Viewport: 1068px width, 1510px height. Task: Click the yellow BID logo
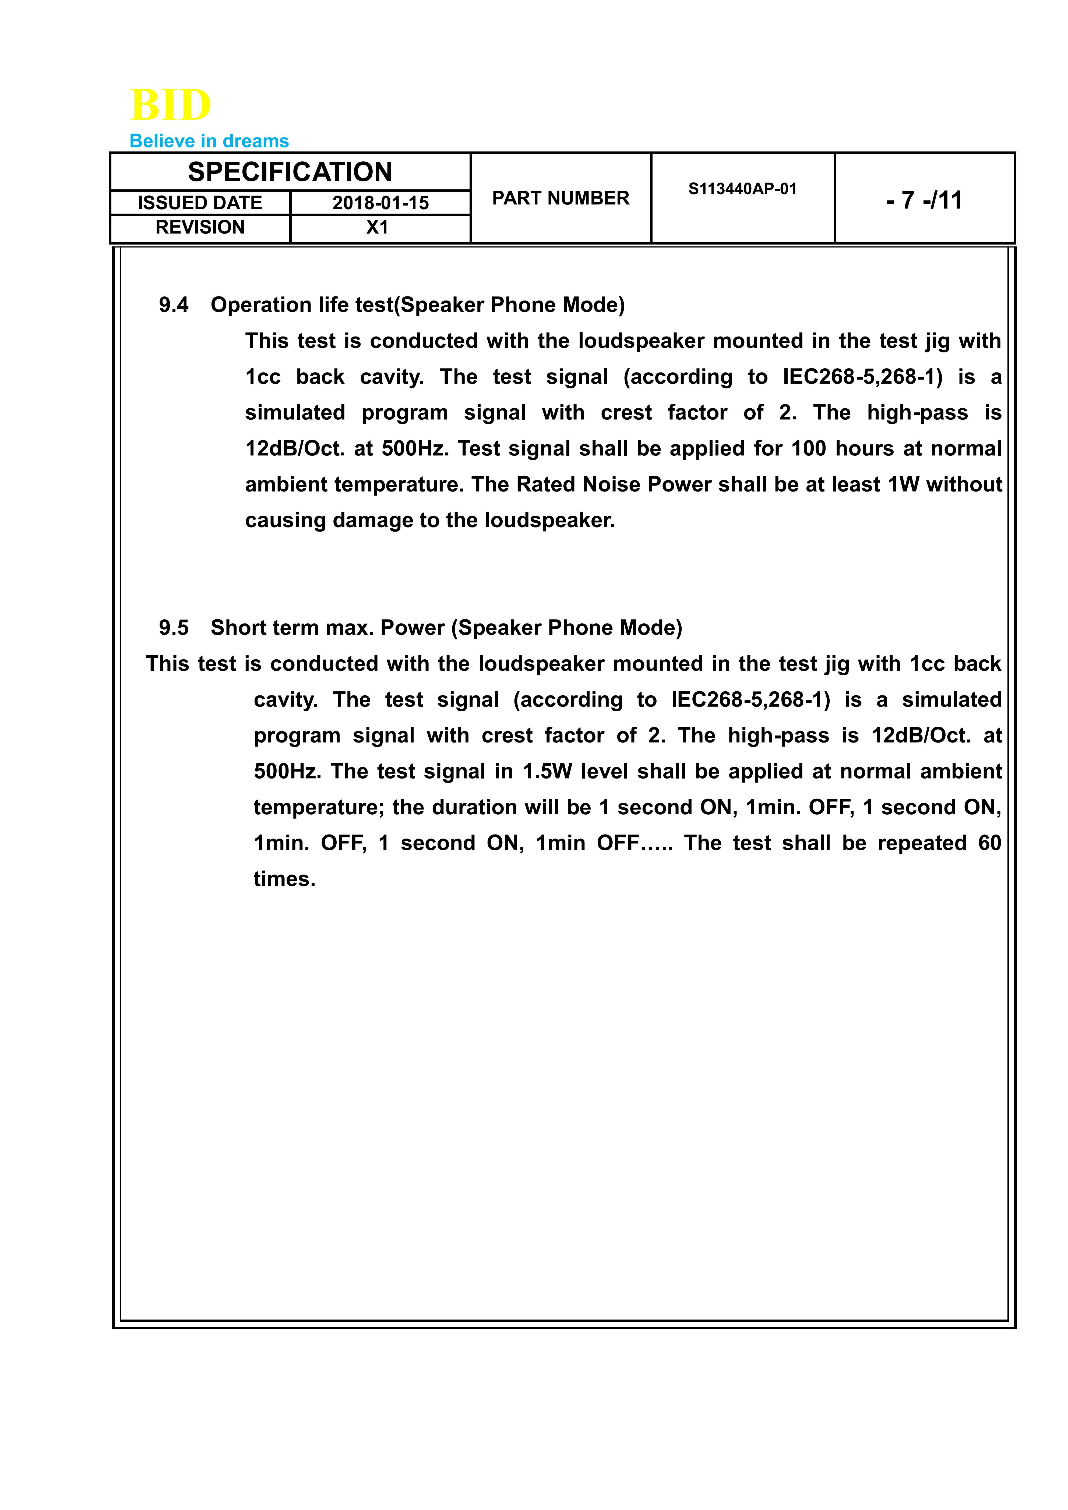click(170, 105)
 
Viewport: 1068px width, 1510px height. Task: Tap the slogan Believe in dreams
click(209, 141)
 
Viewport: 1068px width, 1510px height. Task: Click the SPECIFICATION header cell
click(290, 172)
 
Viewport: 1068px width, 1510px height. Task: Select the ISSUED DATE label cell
click(200, 203)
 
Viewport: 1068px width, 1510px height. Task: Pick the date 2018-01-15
click(380, 203)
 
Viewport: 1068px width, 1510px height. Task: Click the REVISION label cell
click(200, 228)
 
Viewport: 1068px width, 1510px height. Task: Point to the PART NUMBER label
click(560, 198)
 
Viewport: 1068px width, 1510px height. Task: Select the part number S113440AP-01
click(742, 189)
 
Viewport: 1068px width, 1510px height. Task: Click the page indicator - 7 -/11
click(924, 200)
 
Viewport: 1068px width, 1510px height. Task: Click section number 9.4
click(174, 305)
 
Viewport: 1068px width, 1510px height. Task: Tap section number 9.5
click(174, 628)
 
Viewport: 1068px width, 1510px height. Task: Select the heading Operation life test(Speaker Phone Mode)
click(418, 305)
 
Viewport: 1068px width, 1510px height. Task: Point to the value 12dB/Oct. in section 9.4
click(295, 448)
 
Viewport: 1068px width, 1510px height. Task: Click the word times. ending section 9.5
click(285, 879)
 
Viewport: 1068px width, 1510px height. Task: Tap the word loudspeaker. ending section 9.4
click(550, 520)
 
